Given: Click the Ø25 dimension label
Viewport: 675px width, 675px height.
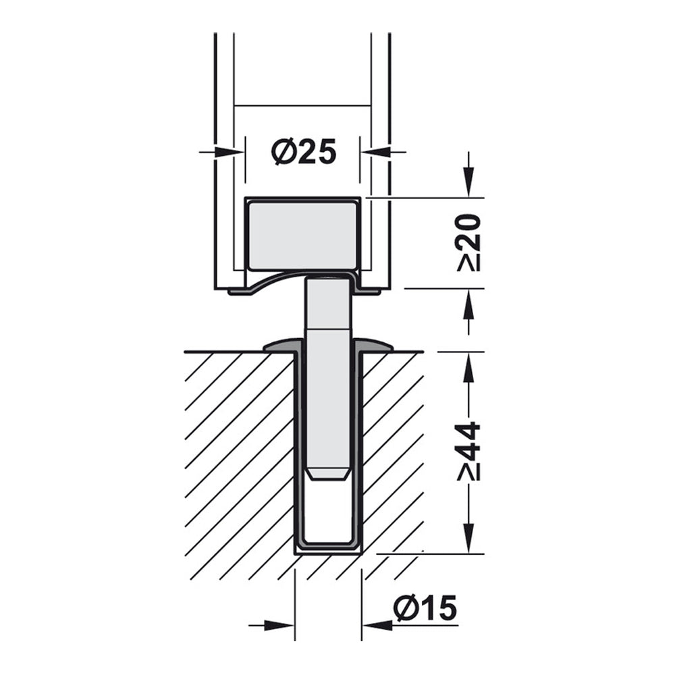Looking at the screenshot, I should coord(304,152).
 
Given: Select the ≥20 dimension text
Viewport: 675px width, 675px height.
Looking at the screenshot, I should coord(468,242).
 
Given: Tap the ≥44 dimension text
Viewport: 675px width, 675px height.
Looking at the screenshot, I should coord(468,451).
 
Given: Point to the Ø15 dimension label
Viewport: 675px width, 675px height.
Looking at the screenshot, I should coord(425,609).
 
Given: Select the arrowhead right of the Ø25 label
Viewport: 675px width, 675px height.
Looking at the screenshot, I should coord(375,152).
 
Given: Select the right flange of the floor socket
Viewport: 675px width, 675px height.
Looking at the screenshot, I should coord(378,346).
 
